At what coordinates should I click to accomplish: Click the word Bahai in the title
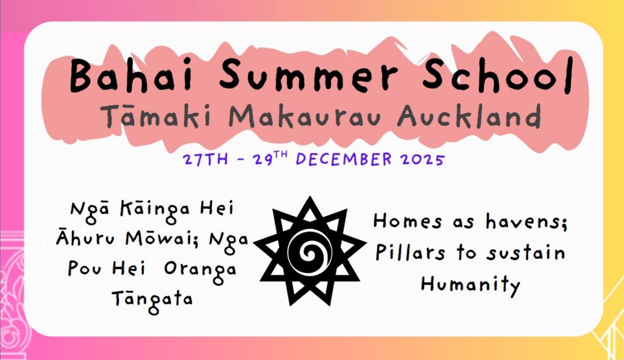coord(131,76)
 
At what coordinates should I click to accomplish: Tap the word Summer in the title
coord(308,76)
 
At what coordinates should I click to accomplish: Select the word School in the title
coord(498,76)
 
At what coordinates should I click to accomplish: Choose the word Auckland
coord(470,116)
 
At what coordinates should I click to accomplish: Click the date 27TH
coord(205,160)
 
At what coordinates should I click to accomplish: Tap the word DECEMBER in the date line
coord(344,159)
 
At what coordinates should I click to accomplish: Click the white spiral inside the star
coord(309,252)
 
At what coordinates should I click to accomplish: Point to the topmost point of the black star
coord(310,197)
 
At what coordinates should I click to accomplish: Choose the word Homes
coord(407,221)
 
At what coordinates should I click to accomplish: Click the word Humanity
coord(470,285)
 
